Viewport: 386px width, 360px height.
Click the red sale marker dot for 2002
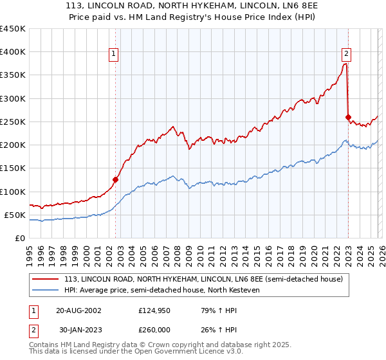click(116, 180)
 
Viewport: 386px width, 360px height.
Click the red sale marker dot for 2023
click(348, 117)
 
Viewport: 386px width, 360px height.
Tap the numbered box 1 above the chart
click(113, 54)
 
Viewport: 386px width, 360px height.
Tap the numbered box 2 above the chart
click(346, 54)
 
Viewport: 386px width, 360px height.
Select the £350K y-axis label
click(13, 75)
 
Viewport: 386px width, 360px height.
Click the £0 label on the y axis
click(19, 238)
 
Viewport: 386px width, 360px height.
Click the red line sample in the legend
click(46, 279)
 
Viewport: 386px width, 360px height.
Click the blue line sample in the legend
click(46, 291)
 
